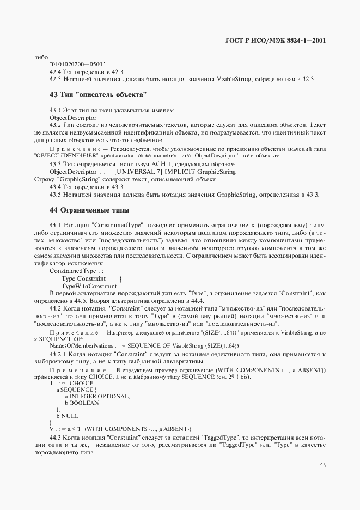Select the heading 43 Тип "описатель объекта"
(x=99, y=95)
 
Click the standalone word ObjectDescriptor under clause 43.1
(x=73, y=117)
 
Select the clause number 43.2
(x=56, y=125)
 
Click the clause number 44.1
(x=56, y=225)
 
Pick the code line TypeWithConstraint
(x=89, y=286)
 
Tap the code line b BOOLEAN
(x=82, y=403)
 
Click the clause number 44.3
(x=56, y=438)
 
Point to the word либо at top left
(x=41, y=57)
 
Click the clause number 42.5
(x=56, y=80)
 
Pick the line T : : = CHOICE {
(x=72, y=383)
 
